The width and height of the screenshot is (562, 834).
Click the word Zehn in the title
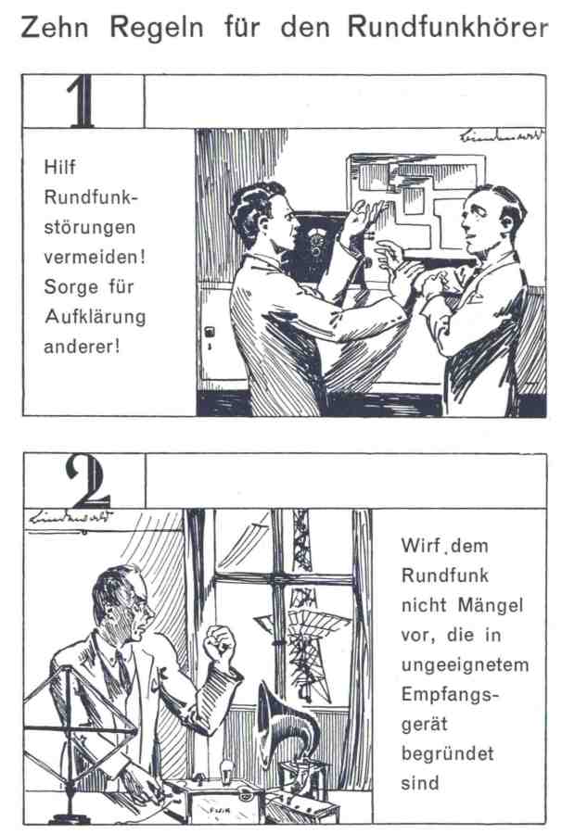click(x=55, y=27)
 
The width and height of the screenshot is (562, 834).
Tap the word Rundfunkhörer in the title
click(x=448, y=27)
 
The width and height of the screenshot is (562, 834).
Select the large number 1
click(x=82, y=101)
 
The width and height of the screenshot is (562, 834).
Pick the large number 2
click(x=87, y=481)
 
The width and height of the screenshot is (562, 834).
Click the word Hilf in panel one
click(x=59, y=167)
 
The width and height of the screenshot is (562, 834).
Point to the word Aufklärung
click(x=96, y=317)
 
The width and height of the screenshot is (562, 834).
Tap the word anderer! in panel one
click(x=82, y=347)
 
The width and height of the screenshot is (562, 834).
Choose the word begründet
click(x=448, y=753)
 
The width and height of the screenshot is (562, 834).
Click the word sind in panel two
click(x=420, y=783)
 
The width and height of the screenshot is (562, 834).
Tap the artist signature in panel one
click(x=502, y=135)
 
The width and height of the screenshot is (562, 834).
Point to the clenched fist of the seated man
click(x=219, y=644)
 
